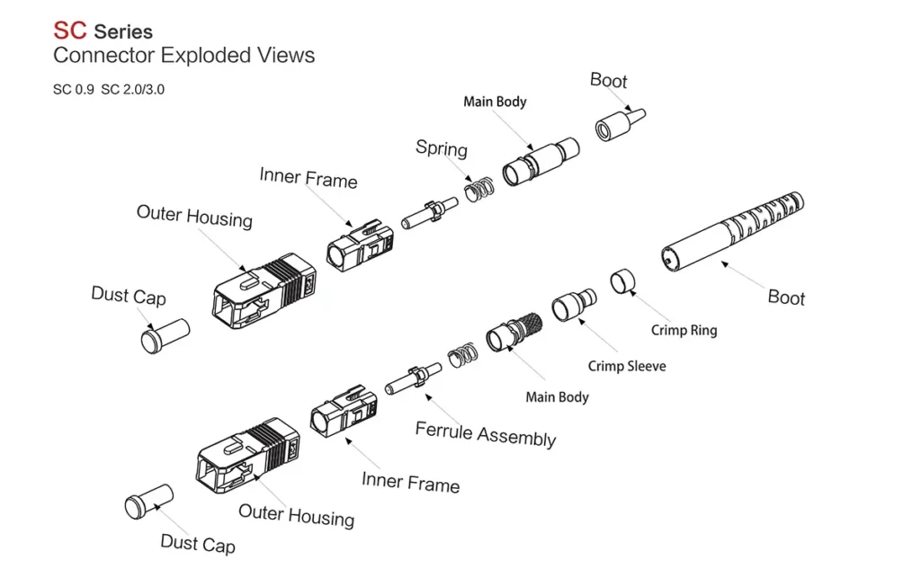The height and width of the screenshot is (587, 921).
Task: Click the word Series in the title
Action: point(123,31)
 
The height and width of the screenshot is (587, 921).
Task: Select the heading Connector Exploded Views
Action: point(183,56)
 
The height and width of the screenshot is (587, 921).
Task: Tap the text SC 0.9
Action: point(73,90)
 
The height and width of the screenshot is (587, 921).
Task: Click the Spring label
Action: point(441,148)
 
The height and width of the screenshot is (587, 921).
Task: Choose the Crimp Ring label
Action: point(684,330)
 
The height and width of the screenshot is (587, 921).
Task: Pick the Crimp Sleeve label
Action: point(627,366)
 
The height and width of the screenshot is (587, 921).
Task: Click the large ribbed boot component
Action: point(733,233)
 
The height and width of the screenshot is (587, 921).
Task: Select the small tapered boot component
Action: point(621,123)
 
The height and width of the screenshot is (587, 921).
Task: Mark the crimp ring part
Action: point(622,282)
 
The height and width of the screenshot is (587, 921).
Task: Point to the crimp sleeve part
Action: point(573,306)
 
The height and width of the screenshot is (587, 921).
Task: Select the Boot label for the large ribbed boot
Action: point(785,298)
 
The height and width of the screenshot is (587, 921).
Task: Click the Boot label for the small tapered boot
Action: point(608,81)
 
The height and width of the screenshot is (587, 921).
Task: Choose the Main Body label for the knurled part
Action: point(557,396)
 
